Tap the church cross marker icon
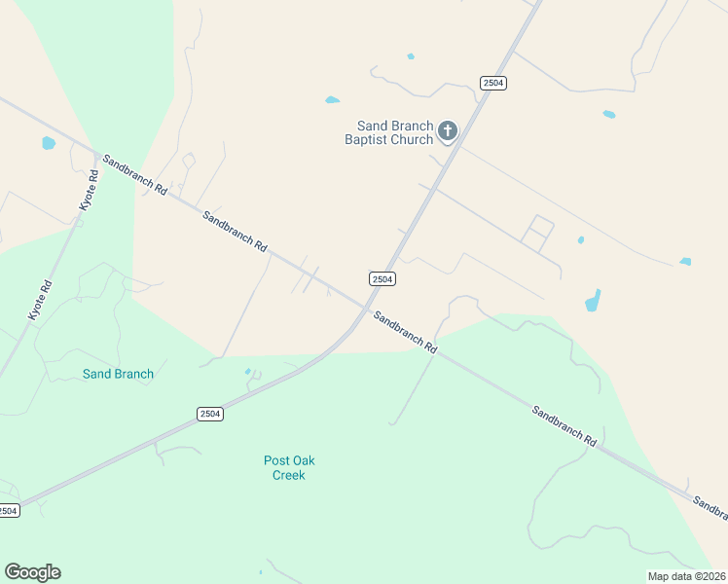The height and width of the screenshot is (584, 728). [448, 130]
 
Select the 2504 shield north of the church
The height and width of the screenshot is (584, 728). [493, 84]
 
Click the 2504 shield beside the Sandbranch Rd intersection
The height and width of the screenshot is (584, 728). [382, 279]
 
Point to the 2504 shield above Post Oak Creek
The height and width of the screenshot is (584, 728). [210, 414]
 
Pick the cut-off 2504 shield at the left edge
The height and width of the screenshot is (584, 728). [8, 511]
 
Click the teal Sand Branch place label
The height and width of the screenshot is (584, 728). [118, 374]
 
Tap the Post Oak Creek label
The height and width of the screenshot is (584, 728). [289, 468]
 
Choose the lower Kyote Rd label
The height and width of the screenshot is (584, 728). [39, 300]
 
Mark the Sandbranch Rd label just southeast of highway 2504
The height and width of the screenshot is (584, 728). [406, 332]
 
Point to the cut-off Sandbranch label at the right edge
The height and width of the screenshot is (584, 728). [710, 503]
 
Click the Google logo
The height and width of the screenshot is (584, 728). [32, 572]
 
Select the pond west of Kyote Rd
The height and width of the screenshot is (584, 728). [49, 144]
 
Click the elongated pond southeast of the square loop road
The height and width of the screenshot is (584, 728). [593, 301]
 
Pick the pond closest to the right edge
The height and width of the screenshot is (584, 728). [685, 262]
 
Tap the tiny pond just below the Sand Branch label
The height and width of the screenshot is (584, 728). [247, 371]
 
